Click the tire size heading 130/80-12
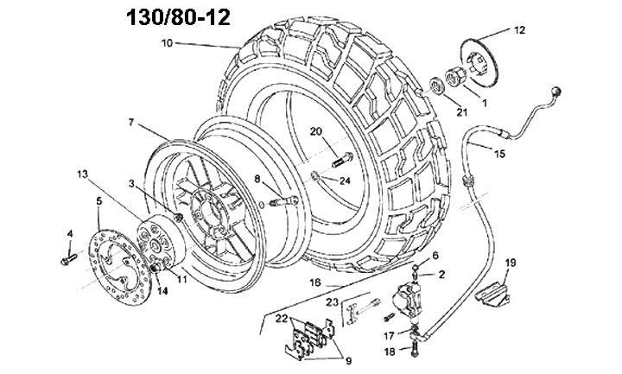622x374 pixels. (178, 18)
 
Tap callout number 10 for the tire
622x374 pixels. (168, 43)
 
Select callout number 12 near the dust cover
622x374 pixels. (520, 30)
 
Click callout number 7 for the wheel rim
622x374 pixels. (131, 123)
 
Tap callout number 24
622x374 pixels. (345, 181)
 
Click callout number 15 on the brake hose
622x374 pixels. (500, 154)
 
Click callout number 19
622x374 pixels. (511, 263)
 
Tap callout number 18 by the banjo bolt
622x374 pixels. (390, 352)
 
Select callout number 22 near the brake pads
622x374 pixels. (282, 318)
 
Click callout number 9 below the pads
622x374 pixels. (349, 361)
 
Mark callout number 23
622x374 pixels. (333, 302)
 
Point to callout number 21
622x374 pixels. (461, 112)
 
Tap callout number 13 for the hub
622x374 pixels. (83, 174)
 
